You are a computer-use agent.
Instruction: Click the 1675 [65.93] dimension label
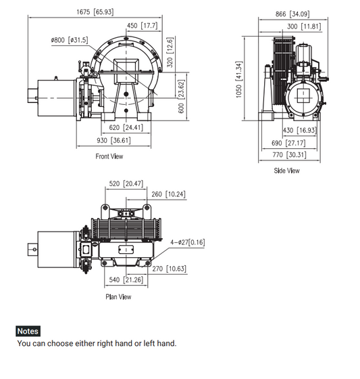(95, 12)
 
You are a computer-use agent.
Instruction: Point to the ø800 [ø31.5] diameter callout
(69, 40)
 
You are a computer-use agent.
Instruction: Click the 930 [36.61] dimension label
(111, 140)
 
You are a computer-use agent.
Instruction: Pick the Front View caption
(109, 156)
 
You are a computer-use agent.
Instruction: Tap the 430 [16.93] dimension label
(301, 130)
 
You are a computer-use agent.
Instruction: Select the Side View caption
(286, 171)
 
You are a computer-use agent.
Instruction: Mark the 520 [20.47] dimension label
(124, 183)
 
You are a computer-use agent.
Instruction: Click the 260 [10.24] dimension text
(168, 194)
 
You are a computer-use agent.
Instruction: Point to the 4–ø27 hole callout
(187, 242)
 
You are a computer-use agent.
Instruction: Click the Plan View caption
(118, 296)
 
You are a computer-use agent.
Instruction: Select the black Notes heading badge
(28, 332)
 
